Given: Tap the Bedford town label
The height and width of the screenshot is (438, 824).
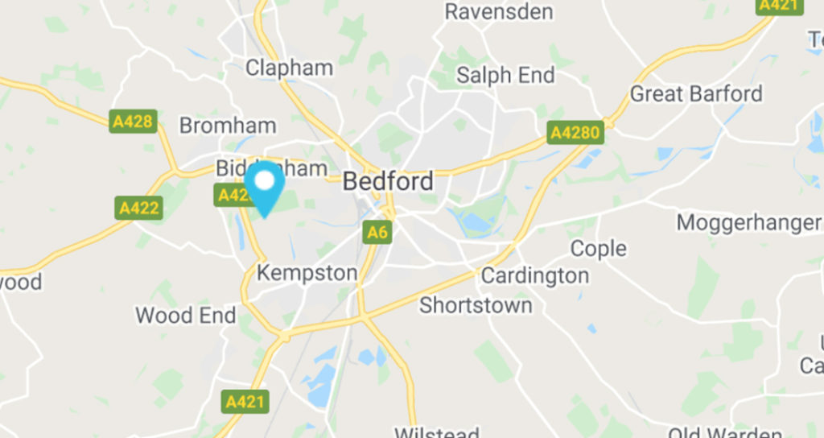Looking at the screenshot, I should click(x=388, y=181).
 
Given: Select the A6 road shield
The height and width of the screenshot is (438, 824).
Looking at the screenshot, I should click(x=377, y=233).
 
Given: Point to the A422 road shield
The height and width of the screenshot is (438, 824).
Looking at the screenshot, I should click(x=139, y=209).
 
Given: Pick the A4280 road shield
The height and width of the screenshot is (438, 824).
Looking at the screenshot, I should click(x=575, y=132).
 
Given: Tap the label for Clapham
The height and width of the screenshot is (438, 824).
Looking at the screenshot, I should click(x=289, y=68).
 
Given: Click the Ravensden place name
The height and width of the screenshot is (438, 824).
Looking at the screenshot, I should click(x=499, y=11).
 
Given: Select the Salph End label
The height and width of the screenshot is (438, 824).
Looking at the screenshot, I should click(x=505, y=76).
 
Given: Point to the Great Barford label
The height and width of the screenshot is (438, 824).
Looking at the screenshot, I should click(x=695, y=94).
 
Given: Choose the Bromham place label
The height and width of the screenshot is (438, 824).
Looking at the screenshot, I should click(x=227, y=126).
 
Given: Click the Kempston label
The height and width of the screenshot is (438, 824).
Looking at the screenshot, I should click(x=307, y=273).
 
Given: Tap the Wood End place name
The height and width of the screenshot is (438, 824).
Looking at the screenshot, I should click(x=186, y=315).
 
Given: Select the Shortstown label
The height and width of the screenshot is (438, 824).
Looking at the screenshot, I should click(x=476, y=306).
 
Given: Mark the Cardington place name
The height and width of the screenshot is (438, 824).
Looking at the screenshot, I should click(x=534, y=276).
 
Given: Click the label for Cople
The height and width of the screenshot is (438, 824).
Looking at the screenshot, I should click(x=598, y=249).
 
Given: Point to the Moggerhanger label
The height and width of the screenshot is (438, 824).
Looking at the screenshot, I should click(x=748, y=222).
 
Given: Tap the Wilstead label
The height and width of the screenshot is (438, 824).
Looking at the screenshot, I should click(x=437, y=432).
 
